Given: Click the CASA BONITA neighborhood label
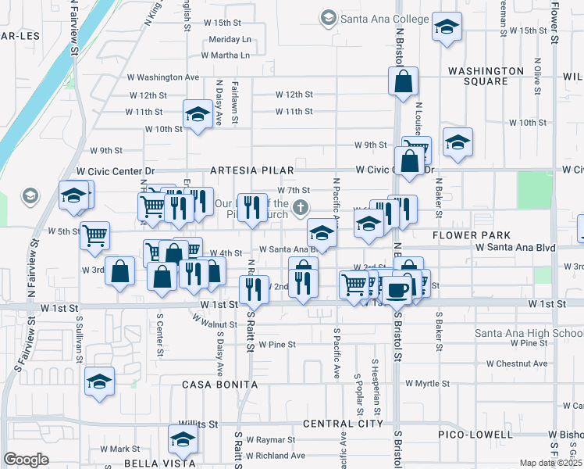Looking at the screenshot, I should [x=220, y=385].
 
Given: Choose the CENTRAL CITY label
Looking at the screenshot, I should [x=343, y=424].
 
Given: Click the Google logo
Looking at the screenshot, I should [x=26, y=460].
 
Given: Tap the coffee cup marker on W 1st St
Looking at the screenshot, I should [x=397, y=290].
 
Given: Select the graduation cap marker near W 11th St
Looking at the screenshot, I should [x=198, y=115].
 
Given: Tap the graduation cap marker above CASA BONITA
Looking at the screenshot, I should [x=100, y=381].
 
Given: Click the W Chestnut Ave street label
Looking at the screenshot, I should [x=517, y=363].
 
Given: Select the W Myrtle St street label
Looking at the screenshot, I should [x=427, y=384].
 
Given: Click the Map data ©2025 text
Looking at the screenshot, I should [x=550, y=463].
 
